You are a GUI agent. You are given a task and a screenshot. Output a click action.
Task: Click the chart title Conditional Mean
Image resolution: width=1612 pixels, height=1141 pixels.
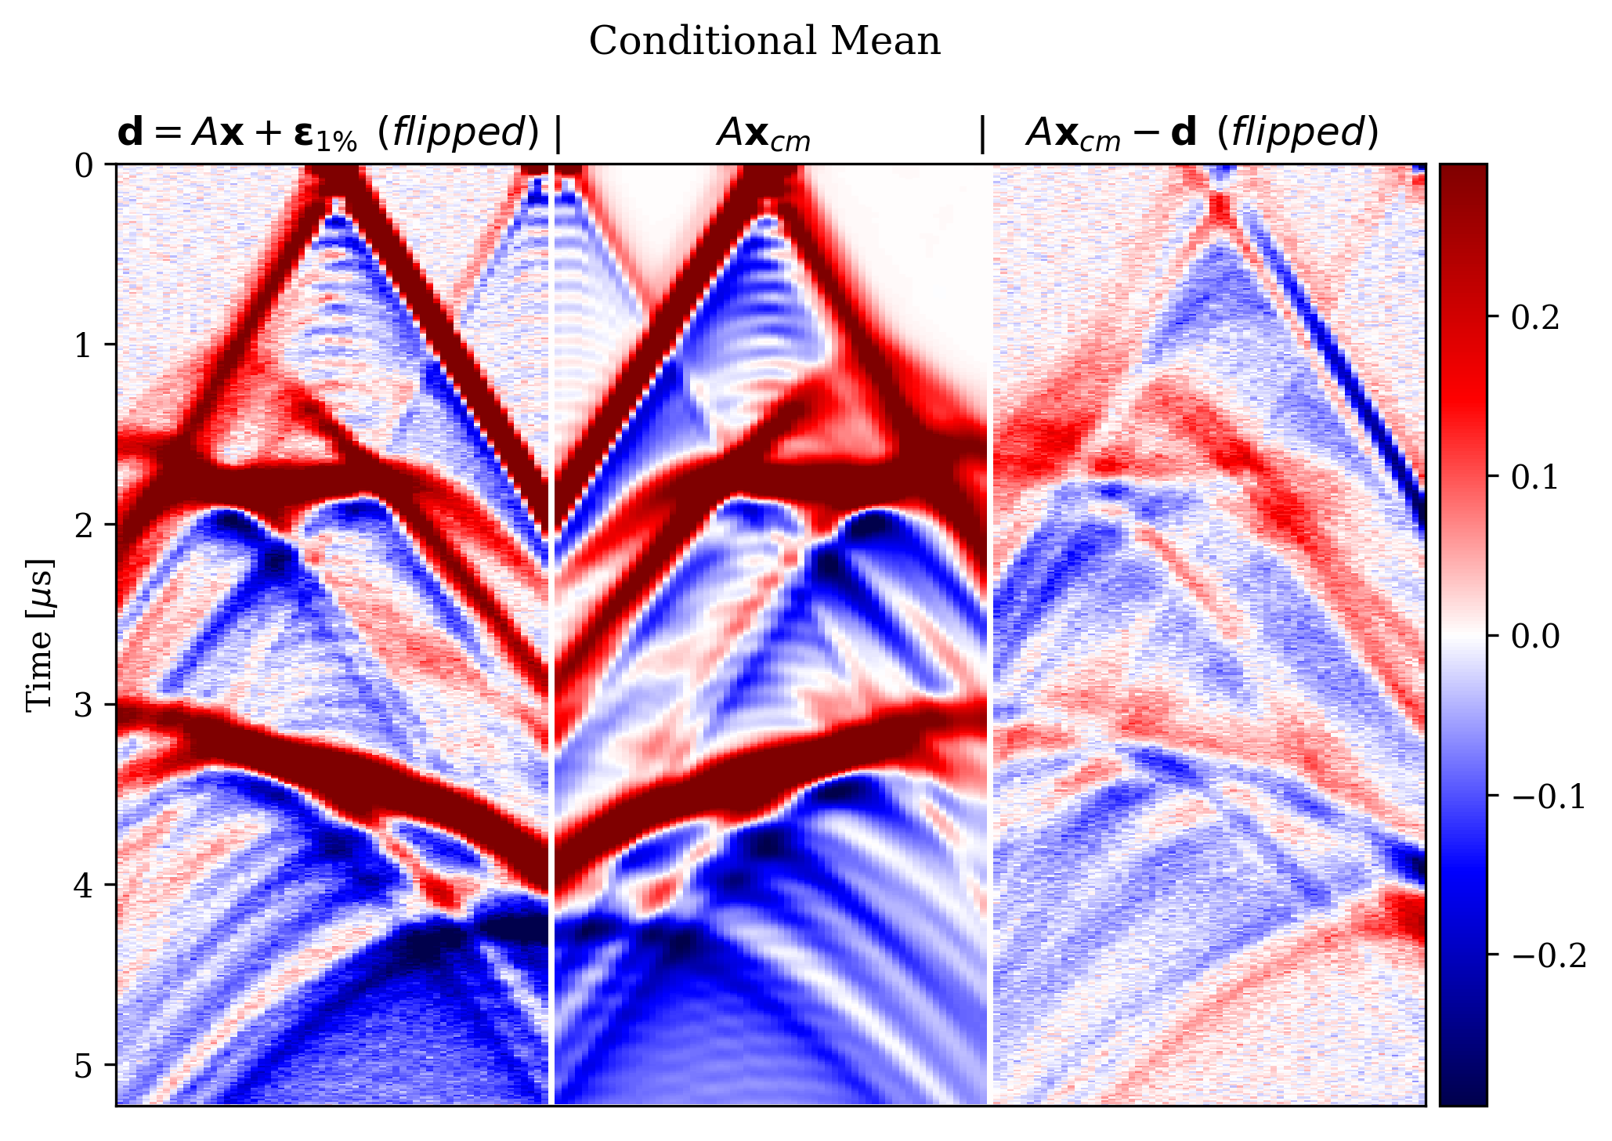pyautogui.click(x=764, y=42)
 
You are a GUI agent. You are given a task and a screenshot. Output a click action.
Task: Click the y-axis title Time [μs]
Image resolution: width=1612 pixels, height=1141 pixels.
pyautogui.click(x=40, y=636)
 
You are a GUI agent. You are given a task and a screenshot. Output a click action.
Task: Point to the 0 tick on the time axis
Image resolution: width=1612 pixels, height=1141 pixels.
pyautogui.click(x=84, y=166)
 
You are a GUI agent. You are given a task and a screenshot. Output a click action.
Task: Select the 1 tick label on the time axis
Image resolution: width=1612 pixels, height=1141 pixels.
pyautogui.click(x=84, y=345)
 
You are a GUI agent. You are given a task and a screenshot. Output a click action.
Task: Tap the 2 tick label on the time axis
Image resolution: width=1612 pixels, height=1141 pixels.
pyautogui.click(x=84, y=525)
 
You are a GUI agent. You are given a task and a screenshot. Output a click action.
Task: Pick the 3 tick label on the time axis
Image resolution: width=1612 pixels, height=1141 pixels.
pyautogui.click(x=84, y=705)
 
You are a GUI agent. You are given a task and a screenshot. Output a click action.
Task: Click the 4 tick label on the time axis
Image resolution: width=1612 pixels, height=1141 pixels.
pyautogui.click(x=84, y=885)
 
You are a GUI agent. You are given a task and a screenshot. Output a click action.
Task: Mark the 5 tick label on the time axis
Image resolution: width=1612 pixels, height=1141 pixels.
pyautogui.click(x=84, y=1065)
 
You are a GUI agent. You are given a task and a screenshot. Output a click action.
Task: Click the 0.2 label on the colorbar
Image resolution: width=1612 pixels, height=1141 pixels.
pyautogui.click(x=1535, y=318)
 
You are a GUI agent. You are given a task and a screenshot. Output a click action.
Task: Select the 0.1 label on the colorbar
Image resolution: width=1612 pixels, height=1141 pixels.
pyautogui.click(x=1535, y=477)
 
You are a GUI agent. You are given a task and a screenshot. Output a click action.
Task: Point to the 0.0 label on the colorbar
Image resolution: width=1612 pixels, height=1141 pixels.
pyautogui.click(x=1535, y=636)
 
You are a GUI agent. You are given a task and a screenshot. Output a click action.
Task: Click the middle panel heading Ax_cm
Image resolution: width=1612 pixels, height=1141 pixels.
pyautogui.click(x=764, y=135)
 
